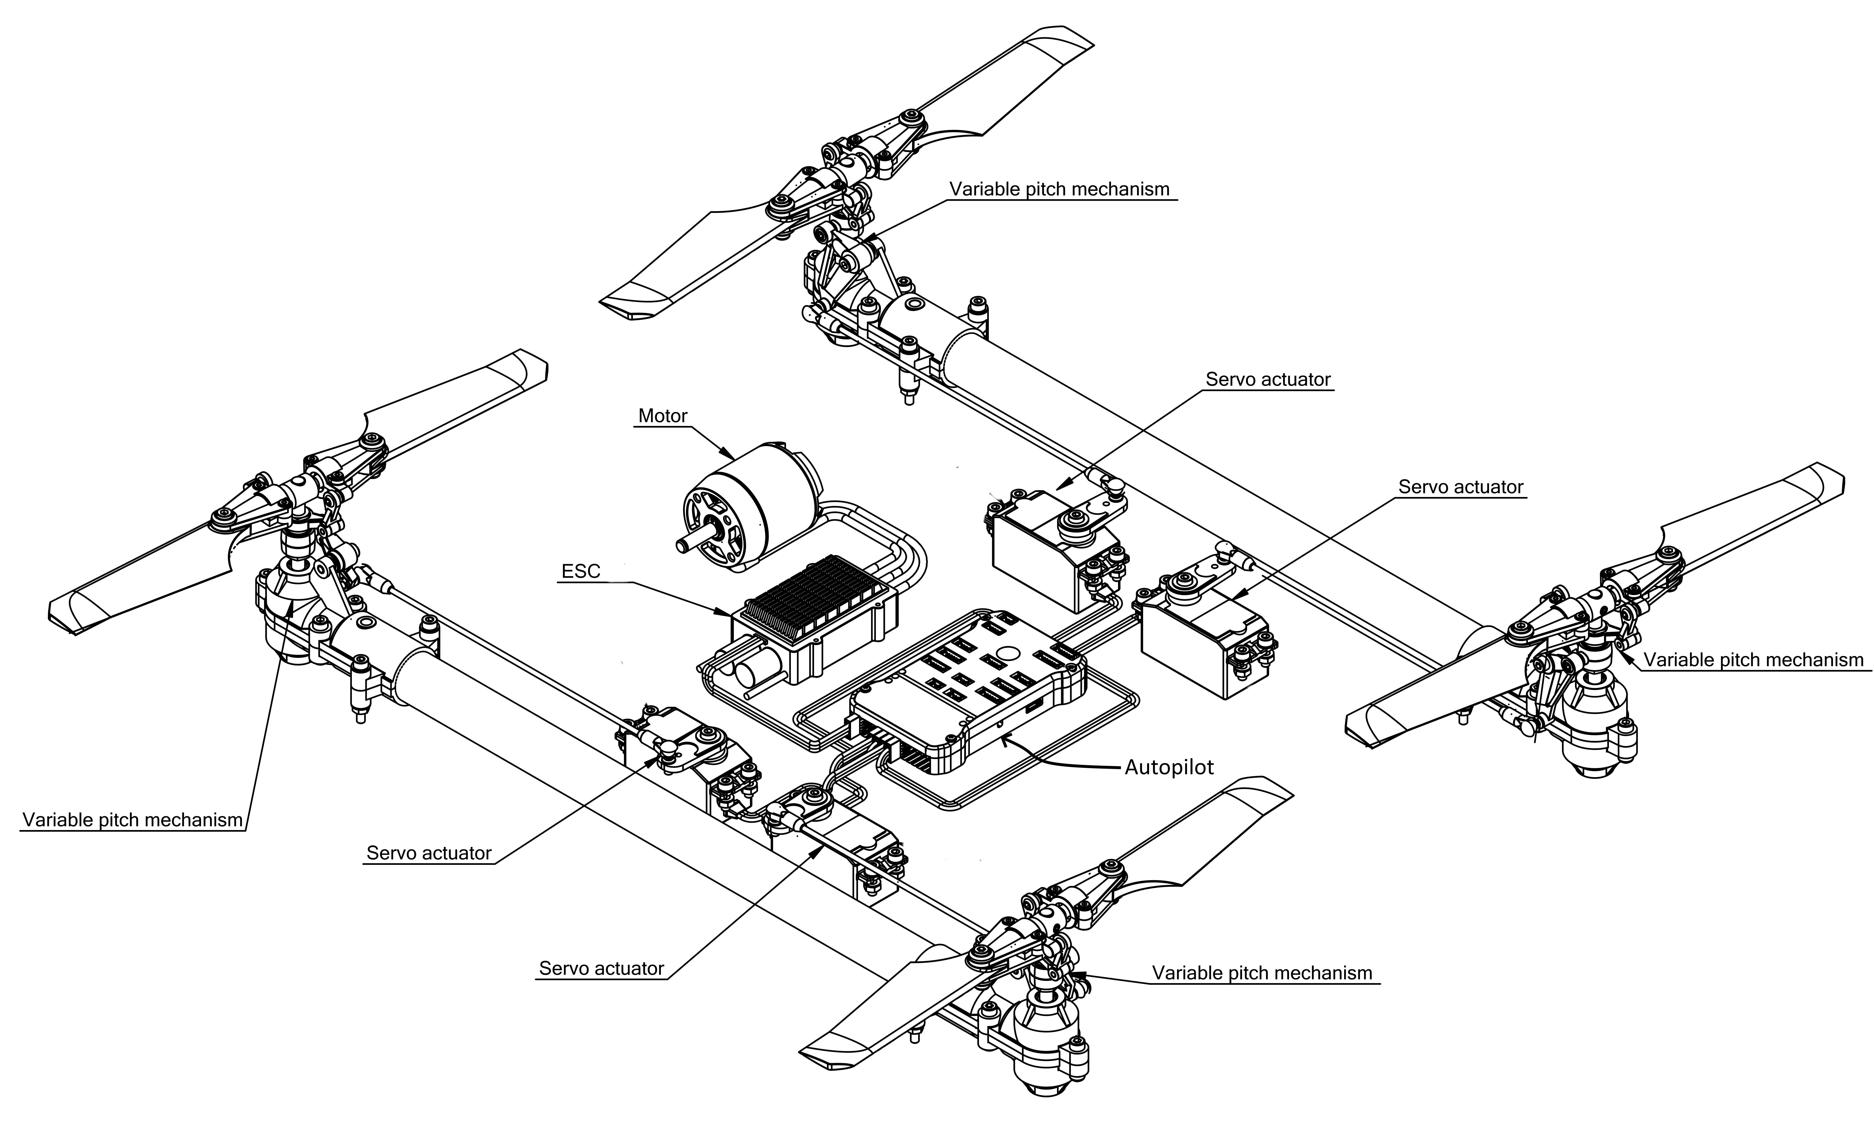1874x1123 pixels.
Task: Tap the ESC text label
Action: coord(581,571)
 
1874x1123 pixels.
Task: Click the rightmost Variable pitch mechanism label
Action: coord(1753,660)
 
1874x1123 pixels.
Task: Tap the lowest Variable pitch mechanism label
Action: coord(1262,973)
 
